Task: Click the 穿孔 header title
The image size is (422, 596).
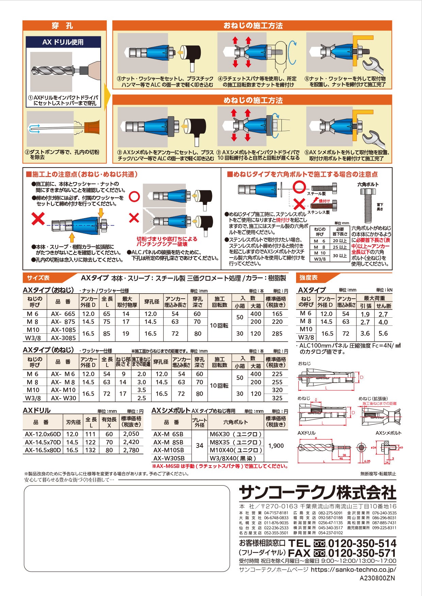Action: click(x=62, y=25)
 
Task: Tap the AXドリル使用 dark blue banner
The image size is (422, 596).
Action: click(x=63, y=42)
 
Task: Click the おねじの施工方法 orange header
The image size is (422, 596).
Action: click(x=253, y=25)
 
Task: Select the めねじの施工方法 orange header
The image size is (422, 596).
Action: click(x=253, y=100)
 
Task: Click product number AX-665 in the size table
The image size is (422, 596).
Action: click(x=63, y=314)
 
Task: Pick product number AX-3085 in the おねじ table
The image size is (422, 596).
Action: click(x=63, y=338)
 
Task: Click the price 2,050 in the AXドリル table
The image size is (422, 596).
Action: click(x=131, y=434)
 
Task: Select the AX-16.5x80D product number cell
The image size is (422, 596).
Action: click(x=43, y=450)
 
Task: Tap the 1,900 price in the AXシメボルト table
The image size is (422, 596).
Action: click(x=276, y=446)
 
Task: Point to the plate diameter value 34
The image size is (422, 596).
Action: click(x=199, y=445)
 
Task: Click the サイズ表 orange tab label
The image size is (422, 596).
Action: click(x=38, y=278)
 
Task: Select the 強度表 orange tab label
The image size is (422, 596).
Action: click(x=308, y=278)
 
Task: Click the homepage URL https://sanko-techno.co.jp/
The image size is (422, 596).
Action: click(x=354, y=569)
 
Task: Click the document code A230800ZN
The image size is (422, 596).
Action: click(x=378, y=578)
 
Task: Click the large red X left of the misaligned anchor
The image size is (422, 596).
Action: click(x=38, y=219)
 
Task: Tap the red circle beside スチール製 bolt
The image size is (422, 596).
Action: click(x=299, y=187)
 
